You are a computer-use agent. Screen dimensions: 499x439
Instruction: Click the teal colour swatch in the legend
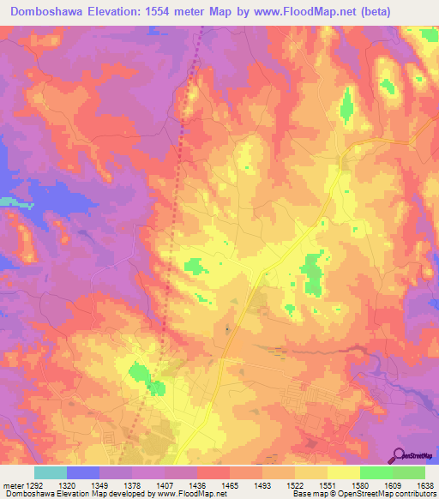click(51, 472)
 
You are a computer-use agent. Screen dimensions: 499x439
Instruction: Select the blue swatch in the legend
click(83, 472)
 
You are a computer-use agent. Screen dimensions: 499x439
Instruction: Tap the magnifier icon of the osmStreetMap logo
click(399, 455)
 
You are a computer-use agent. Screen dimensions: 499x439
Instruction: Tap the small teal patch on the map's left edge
click(7, 201)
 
